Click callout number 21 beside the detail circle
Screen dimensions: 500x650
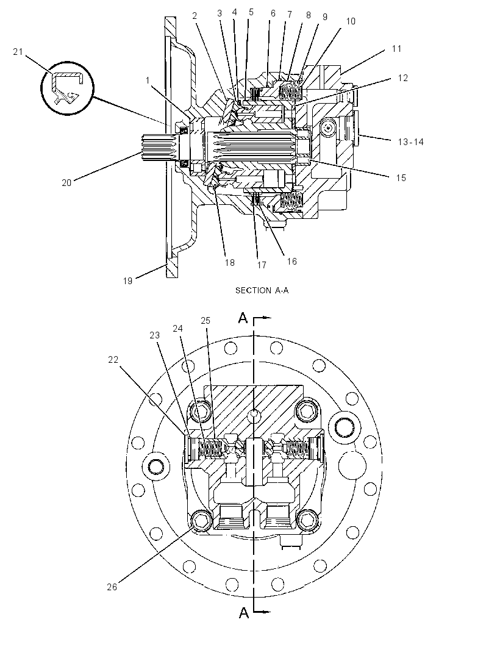coord(18,52)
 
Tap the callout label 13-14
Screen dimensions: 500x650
coord(410,142)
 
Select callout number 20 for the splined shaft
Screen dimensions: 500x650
coord(66,182)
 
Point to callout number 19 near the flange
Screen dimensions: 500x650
coord(127,280)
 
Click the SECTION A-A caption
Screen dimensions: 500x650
coord(262,290)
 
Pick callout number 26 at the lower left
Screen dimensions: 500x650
coord(112,587)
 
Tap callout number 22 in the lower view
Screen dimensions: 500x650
coord(113,359)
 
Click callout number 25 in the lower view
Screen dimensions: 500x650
coord(205,321)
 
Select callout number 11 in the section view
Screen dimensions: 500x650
coord(397,49)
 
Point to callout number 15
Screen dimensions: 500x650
coord(401,177)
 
